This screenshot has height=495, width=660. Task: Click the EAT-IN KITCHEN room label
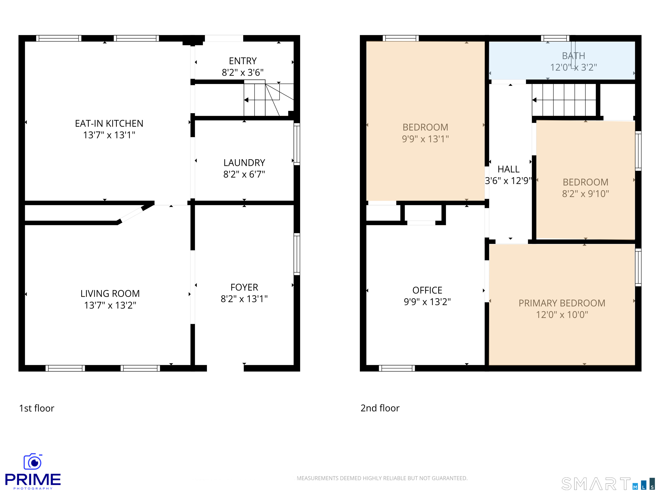109,123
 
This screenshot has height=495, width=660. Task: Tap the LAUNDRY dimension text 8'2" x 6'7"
244,174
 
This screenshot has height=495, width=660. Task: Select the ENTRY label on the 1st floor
243,61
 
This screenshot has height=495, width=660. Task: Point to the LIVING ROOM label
110,294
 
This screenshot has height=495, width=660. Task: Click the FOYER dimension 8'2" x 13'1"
244,299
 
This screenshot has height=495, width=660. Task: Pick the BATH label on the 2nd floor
573,56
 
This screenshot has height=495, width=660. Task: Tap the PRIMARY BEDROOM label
562,303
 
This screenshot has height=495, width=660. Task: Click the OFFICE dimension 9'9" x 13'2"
427,302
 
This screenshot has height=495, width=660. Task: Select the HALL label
508,169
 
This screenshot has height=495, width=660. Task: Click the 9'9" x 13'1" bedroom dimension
425,139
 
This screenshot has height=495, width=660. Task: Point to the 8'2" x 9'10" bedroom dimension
585,194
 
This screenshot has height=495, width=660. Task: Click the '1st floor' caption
37,408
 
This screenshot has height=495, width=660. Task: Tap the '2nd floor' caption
380,408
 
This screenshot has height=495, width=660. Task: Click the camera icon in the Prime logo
33,461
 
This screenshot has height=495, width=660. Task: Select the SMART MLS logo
608,484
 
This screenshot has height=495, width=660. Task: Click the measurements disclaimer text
382,478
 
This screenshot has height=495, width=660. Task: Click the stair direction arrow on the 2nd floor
534,100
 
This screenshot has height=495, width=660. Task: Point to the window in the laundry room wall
297,144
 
